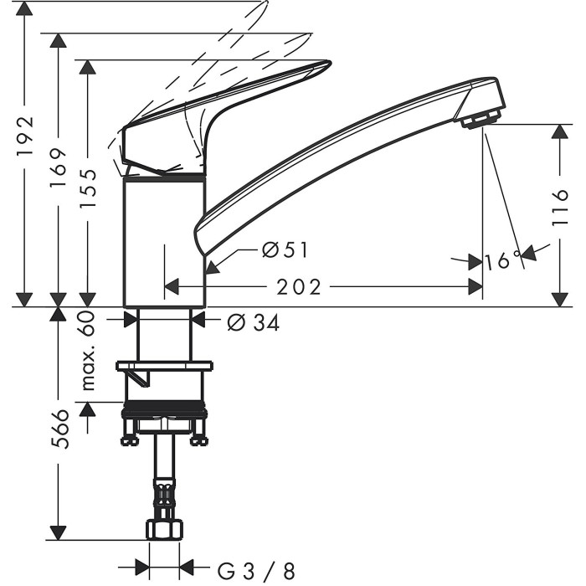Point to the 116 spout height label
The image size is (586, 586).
tap(560, 208)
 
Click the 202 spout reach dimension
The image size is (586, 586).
tap(298, 287)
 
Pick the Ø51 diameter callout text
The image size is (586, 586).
tap(285, 249)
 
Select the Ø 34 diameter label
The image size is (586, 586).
tap(253, 322)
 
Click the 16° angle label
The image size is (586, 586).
tap(502, 260)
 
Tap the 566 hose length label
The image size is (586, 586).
tap(60, 429)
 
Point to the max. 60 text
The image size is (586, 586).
tap(87, 351)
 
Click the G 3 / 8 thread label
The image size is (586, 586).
tap(256, 571)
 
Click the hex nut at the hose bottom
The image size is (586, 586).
tap(165, 530)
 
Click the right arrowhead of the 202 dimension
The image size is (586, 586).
tap(475, 287)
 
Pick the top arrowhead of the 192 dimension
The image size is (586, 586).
tap(24, 8)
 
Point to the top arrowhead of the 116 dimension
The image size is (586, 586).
tap(560, 131)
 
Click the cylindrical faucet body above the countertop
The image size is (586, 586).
tap(164, 242)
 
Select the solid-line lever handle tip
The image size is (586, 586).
tap(325, 64)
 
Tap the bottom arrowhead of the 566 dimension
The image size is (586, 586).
tap(59, 532)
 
